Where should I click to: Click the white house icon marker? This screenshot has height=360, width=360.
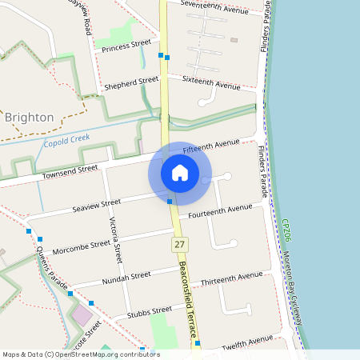[179, 173]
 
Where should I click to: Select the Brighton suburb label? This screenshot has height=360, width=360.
[30, 118]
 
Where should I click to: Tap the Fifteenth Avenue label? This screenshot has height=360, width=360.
[211, 147]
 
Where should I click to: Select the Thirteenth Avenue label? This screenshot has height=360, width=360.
[231, 278]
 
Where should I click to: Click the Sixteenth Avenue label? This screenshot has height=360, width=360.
[211, 82]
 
